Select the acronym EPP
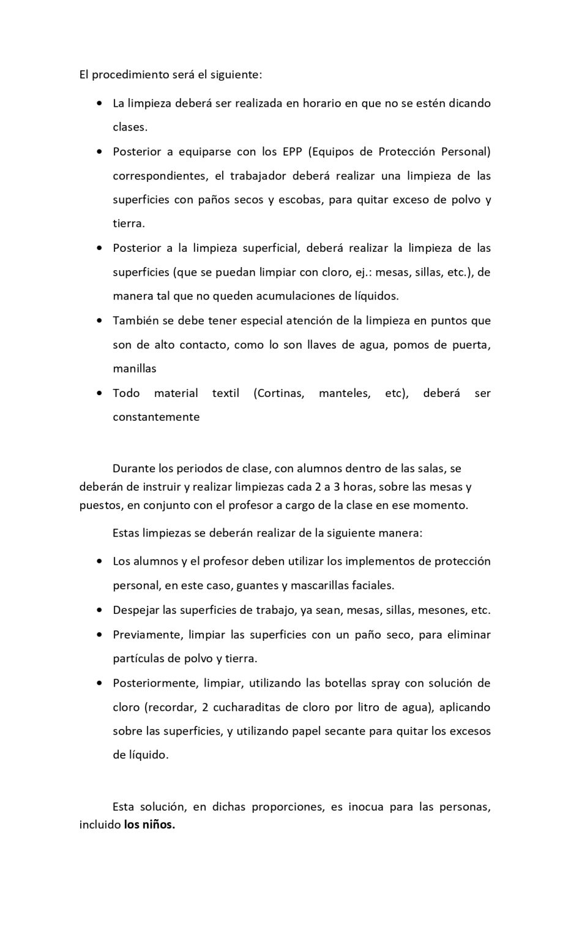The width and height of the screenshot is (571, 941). (293, 151)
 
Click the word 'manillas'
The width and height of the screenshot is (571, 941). (135, 369)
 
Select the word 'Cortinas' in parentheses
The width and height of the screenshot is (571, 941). (280, 393)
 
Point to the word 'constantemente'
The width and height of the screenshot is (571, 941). (156, 417)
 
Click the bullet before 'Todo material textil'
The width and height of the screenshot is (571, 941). (99, 393)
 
